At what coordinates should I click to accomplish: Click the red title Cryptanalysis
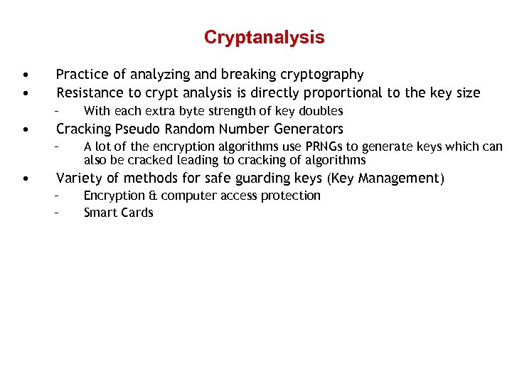(x=264, y=37)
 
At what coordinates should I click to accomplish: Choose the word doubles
(x=321, y=111)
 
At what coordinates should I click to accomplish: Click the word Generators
(x=308, y=129)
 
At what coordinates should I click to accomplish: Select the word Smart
(x=100, y=213)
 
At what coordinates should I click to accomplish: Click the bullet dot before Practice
(x=25, y=74)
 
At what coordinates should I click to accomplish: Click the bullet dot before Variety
(x=25, y=178)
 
